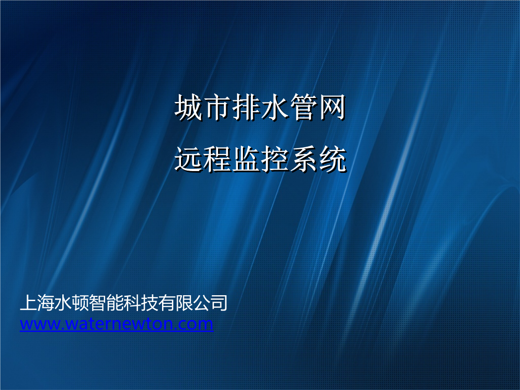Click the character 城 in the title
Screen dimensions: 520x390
188,107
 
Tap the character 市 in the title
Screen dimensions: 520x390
217,107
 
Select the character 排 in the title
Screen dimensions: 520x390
246,107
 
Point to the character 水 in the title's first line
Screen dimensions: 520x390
275,107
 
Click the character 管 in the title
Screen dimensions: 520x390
303,107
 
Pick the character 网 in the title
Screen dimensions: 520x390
332,107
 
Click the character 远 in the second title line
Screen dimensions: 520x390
188,159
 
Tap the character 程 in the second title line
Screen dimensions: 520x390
217,159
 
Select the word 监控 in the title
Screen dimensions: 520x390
260,159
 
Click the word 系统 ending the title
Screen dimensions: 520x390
318,159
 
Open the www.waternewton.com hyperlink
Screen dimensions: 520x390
116,324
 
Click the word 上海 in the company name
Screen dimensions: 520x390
37,303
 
